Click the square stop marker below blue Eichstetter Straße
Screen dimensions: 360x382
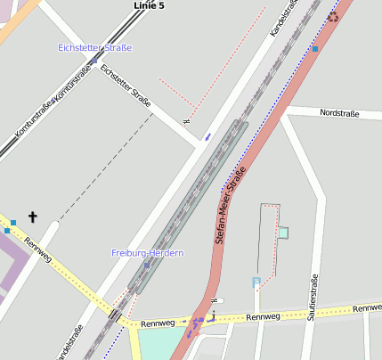point(93,61)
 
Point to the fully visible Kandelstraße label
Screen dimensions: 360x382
point(282,18)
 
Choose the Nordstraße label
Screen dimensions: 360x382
point(338,113)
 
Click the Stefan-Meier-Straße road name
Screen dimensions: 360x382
point(230,209)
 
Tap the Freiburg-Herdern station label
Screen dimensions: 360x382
point(147,253)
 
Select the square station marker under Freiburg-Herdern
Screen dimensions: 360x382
point(147,266)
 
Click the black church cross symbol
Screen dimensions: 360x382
point(33,217)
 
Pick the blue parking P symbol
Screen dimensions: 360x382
point(256,282)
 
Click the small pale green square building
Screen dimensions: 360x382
point(283,233)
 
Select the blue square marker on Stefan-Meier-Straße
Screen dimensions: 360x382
point(315,48)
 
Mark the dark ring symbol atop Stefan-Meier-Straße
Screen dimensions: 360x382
point(333,16)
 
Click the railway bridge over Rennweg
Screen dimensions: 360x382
point(116,315)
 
